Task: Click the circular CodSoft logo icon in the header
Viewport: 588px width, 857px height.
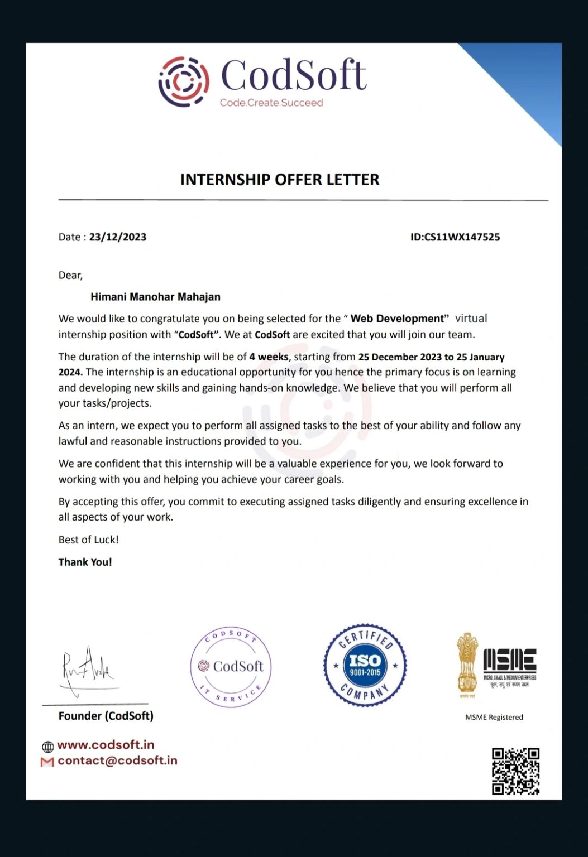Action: [x=184, y=81]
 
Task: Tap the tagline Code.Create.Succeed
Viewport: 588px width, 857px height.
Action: [x=271, y=103]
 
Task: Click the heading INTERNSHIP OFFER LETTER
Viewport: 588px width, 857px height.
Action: [x=280, y=180]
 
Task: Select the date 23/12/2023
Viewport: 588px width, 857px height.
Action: [x=118, y=237]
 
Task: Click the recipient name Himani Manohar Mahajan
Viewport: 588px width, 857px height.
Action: [x=155, y=297]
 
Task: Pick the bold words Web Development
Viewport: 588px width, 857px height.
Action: [x=399, y=319]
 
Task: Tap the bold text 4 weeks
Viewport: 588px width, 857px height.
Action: [x=269, y=357]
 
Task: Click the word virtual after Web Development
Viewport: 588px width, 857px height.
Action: [x=471, y=319]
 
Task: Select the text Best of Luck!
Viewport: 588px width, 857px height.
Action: [x=89, y=540]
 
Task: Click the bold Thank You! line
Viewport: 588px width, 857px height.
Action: [x=85, y=562]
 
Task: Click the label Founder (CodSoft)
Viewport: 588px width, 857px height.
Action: [x=106, y=716]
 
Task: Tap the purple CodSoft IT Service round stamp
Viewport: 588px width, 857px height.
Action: [x=231, y=667]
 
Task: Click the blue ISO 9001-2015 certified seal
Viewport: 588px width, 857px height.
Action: [x=365, y=665]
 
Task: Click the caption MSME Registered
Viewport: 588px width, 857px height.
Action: [x=494, y=717]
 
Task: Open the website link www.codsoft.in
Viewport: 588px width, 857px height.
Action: [x=106, y=745]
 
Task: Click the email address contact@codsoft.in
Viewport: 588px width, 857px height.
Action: [x=117, y=760]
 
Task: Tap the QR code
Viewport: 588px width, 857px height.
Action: [x=515, y=771]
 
